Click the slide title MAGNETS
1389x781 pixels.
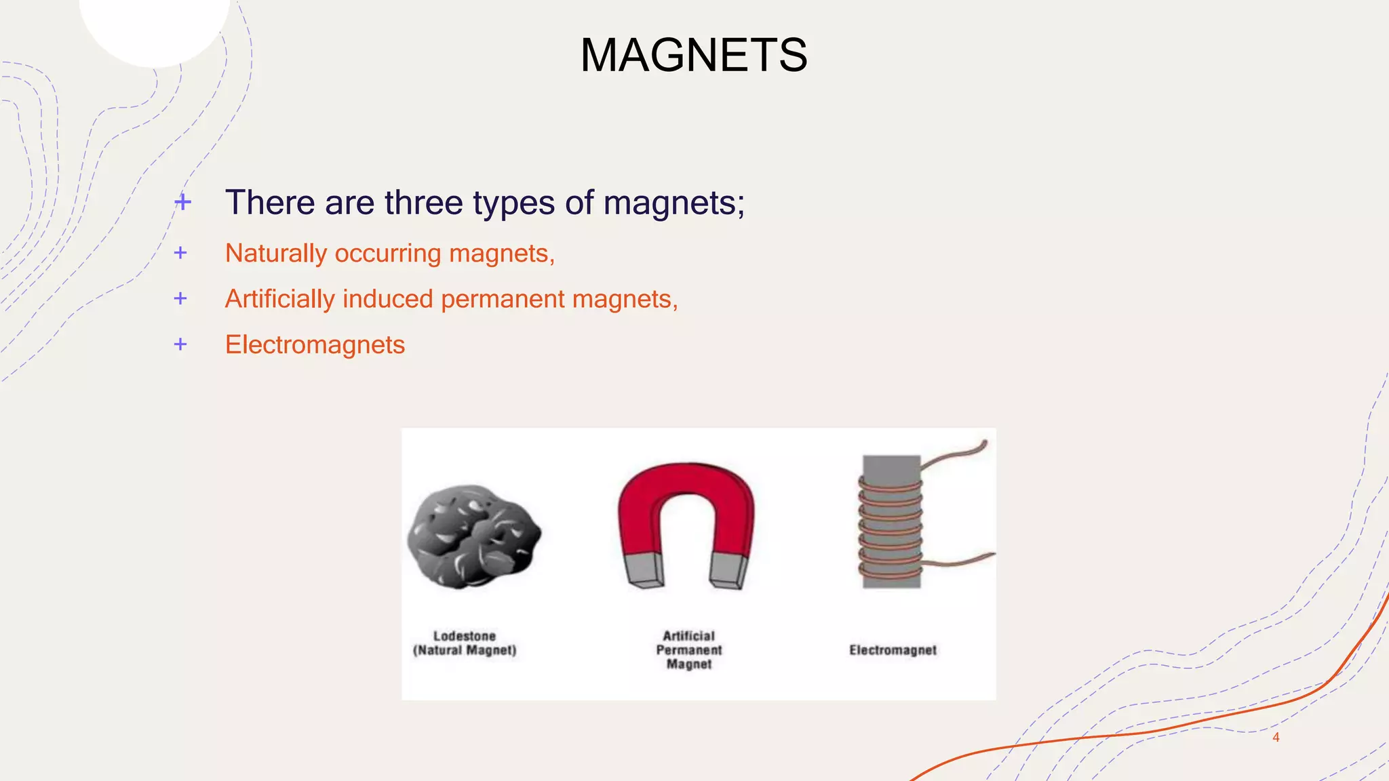[694, 55]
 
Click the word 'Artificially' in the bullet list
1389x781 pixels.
[280, 299]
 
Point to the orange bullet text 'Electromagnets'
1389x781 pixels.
[315, 344]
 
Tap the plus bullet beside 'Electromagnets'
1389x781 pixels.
[180, 344]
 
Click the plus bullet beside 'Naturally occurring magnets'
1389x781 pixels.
[180, 253]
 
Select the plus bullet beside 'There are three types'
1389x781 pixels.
[182, 202]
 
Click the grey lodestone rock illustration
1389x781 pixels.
[473, 536]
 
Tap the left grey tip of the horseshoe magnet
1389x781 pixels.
[644, 569]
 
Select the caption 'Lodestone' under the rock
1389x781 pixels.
[465, 636]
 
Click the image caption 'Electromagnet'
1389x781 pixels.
[893, 650]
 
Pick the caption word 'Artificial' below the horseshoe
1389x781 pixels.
[688, 636]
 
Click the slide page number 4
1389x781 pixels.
[1276, 738]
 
